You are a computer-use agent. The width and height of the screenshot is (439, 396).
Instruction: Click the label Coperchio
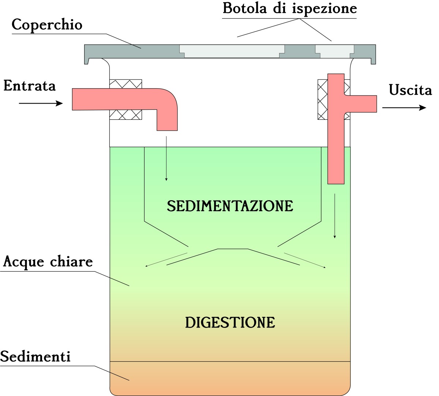pyautogui.click(x=47, y=25)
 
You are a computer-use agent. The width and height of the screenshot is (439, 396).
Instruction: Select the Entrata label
pyautogui.click(x=30, y=86)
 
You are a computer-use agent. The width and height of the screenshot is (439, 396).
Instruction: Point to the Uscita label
pyautogui.click(x=410, y=90)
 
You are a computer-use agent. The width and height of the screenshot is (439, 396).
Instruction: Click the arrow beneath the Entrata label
pyautogui.click(x=41, y=104)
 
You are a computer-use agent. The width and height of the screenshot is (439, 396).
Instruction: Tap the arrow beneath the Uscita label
pyautogui.click(x=404, y=108)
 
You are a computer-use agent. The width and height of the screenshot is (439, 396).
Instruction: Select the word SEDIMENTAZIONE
pyautogui.click(x=230, y=206)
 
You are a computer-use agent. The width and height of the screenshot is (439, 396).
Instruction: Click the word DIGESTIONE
pyautogui.click(x=230, y=322)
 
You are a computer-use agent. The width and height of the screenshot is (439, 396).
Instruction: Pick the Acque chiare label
pyautogui.click(x=48, y=262)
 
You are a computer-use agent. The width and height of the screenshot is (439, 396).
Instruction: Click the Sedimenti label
pyautogui.click(x=35, y=356)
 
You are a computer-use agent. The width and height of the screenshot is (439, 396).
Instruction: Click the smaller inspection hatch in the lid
pyautogui.click(x=335, y=51)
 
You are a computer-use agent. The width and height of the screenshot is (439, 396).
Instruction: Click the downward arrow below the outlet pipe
pyautogui.click(x=334, y=216)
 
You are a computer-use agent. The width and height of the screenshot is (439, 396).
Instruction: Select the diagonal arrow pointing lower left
pyautogui.click(x=166, y=259)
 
